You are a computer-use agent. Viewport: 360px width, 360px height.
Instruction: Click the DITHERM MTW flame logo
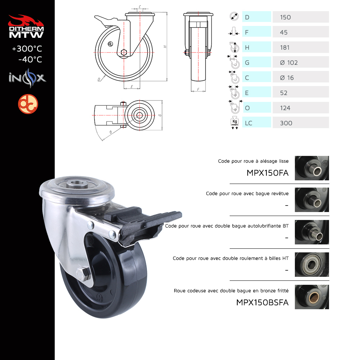(x=26, y=26)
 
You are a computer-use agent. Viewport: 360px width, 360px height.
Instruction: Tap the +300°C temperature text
(x=27, y=49)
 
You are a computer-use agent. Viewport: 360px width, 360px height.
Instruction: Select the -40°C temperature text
(x=30, y=59)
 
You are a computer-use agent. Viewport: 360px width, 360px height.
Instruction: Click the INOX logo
(x=27, y=78)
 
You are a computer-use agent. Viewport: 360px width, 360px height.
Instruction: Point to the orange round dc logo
(x=28, y=104)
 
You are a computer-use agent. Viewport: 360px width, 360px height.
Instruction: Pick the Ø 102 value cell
(x=301, y=62)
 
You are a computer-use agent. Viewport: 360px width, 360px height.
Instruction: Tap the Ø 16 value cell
(x=301, y=77)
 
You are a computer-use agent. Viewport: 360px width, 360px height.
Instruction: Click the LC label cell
(x=257, y=123)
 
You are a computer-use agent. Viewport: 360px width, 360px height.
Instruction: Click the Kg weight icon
(x=235, y=123)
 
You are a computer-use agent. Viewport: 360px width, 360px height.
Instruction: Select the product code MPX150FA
(x=267, y=173)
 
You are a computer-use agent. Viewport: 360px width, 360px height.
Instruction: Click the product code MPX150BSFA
(x=262, y=303)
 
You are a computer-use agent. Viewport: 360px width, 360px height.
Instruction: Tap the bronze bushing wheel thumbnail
(x=312, y=297)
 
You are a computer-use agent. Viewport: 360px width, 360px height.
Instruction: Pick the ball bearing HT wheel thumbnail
(x=312, y=265)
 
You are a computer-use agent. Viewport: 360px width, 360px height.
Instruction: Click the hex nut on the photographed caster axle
(x=83, y=275)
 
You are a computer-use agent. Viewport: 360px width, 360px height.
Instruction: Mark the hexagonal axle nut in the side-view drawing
(x=124, y=53)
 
